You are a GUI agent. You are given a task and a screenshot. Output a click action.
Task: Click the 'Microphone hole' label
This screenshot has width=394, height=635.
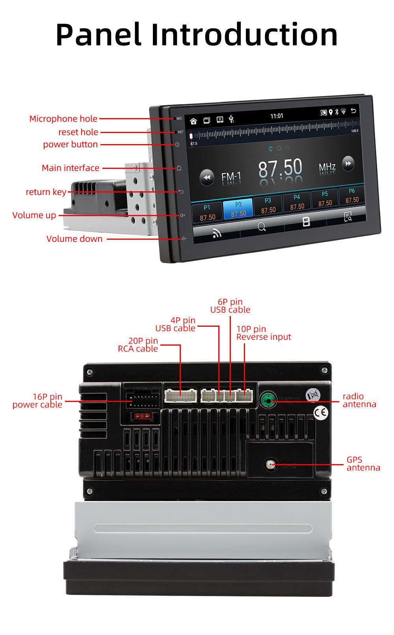(x=63, y=118)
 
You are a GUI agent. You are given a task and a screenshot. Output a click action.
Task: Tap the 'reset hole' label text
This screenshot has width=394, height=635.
(x=78, y=132)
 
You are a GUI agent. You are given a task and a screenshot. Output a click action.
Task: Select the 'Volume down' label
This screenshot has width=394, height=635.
(x=74, y=239)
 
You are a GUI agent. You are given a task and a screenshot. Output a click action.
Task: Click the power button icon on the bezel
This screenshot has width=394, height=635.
(x=177, y=144)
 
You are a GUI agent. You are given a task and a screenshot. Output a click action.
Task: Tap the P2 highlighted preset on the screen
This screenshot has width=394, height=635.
(x=238, y=209)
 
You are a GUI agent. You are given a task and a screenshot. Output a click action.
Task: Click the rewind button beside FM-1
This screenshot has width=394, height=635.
(x=206, y=178)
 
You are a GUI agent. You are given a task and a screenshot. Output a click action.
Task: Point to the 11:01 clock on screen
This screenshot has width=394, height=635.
(x=277, y=116)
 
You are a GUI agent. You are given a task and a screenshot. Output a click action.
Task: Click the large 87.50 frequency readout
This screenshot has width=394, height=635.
(x=280, y=168)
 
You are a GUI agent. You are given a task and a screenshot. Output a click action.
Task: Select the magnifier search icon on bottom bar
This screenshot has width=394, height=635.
(x=262, y=227)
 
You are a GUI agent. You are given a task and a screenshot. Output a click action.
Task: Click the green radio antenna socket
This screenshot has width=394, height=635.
(x=268, y=400)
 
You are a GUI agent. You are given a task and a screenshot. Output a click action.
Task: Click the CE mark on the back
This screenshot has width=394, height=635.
(x=321, y=412)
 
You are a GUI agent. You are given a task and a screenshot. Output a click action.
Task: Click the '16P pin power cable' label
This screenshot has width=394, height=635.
(x=37, y=401)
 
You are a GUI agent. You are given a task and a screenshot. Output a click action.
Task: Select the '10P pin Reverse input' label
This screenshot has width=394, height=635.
(x=263, y=333)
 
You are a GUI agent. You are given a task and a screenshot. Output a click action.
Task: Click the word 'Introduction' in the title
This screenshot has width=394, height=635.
(x=244, y=35)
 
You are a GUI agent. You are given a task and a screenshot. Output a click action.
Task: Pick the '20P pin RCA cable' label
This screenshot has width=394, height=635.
(x=138, y=345)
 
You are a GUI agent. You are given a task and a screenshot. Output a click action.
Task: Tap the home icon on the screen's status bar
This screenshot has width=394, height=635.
(x=193, y=121)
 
